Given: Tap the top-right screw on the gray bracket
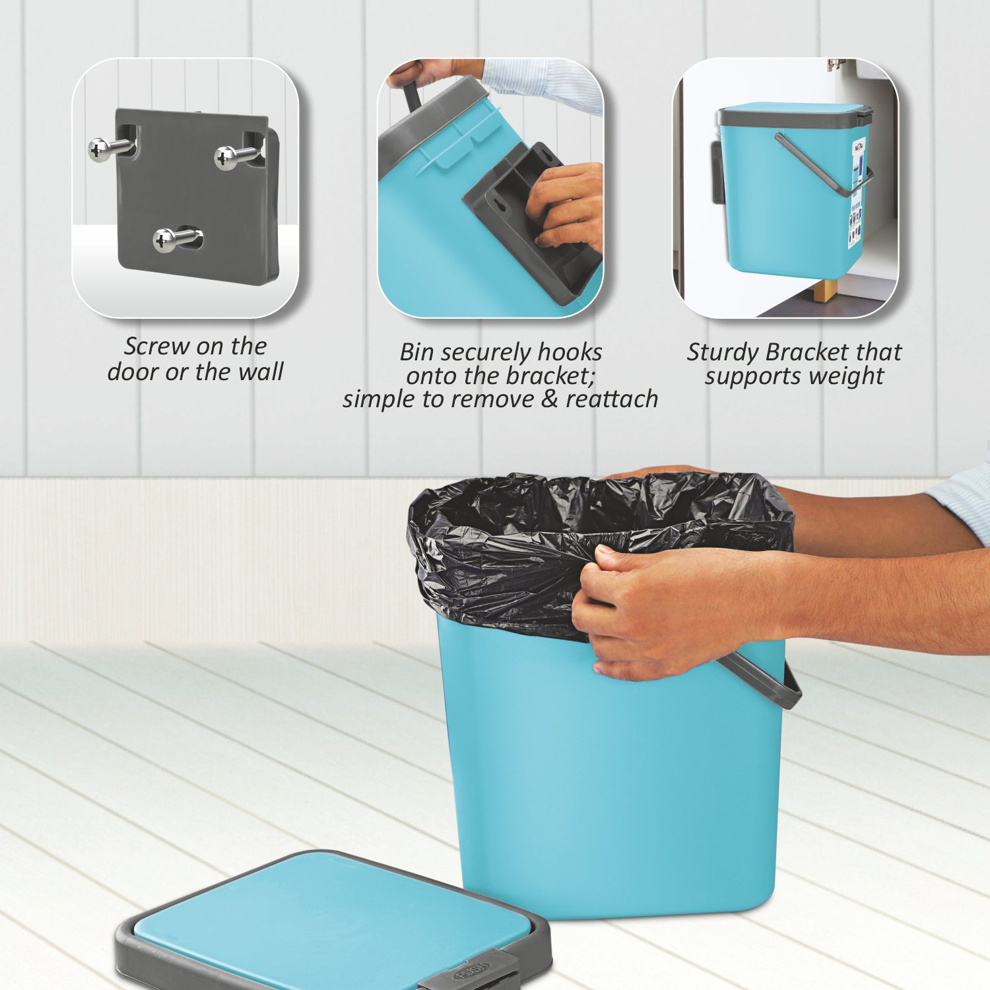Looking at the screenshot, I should pyautogui.click(x=228, y=157).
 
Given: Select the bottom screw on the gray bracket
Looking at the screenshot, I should pyautogui.click(x=166, y=240).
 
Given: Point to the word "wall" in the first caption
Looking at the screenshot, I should pyautogui.click(x=261, y=372).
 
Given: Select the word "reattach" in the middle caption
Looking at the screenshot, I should pyautogui.click(x=612, y=399).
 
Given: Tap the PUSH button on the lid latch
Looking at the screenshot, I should pyautogui.click(x=471, y=968).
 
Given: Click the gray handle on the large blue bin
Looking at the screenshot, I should pyautogui.click(x=772, y=683).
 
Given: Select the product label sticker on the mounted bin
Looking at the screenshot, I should pyautogui.click(x=855, y=191).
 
